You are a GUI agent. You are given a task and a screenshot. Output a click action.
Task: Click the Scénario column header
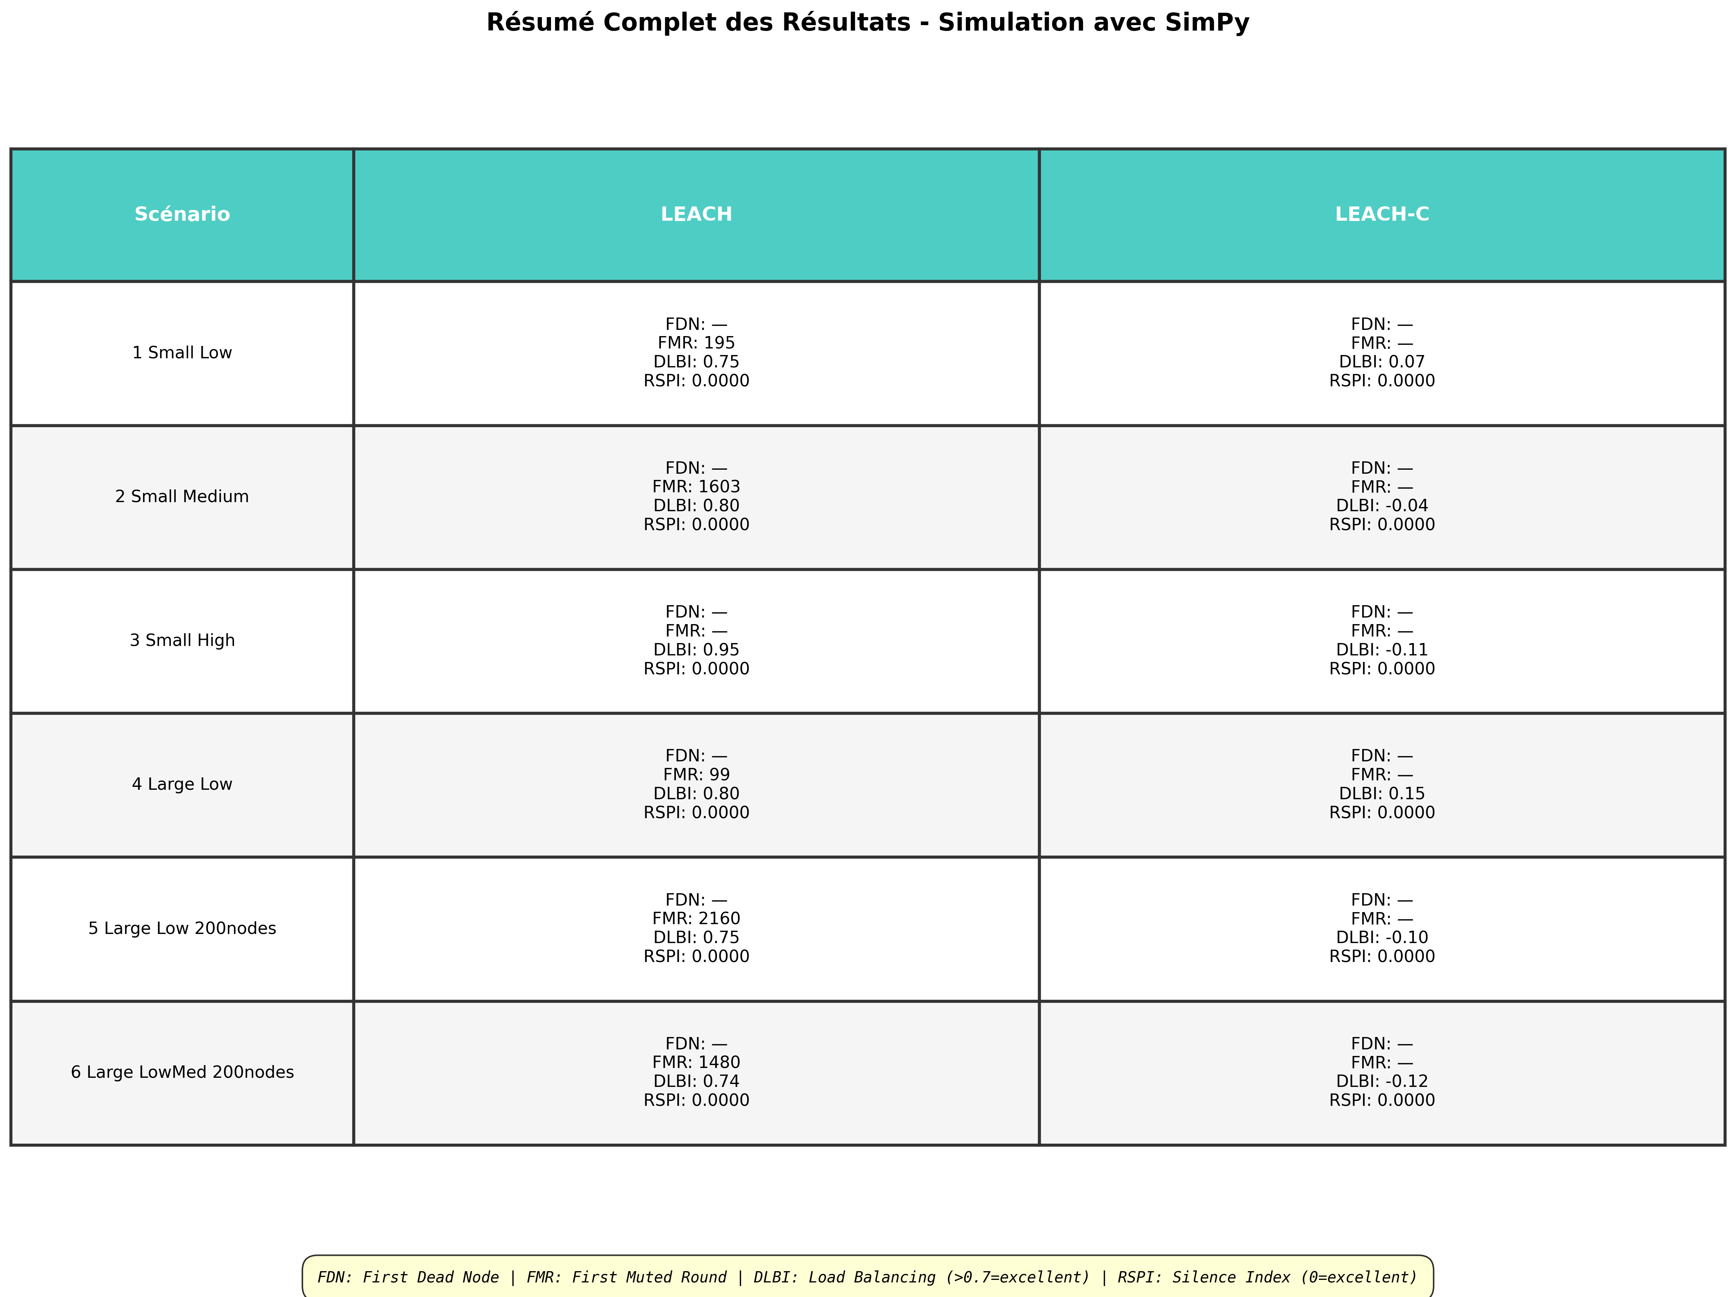[182, 214]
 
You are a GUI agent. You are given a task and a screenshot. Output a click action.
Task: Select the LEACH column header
[696, 214]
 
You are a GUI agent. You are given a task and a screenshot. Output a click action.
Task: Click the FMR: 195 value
[696, 343]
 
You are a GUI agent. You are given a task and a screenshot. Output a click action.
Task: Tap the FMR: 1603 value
[696, 487]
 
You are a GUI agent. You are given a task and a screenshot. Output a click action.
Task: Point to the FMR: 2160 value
[696, 919]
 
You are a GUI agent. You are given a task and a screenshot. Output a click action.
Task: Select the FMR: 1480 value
[696, 1062]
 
